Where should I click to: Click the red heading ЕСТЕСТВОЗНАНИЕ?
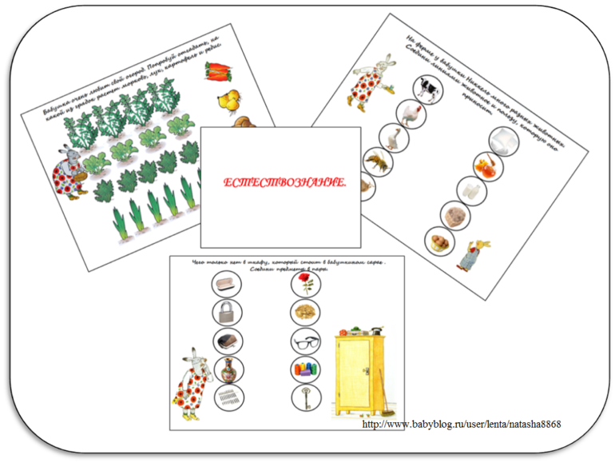coord(284,185)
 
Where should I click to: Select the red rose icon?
coord(304,284)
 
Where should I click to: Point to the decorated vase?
coord(228,369)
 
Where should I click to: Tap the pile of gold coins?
coord(304,312)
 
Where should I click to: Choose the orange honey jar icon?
coord(486,166)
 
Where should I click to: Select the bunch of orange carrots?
coord(216,71)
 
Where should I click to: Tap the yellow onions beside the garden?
coord(228,101)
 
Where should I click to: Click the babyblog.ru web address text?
coord(462,423)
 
